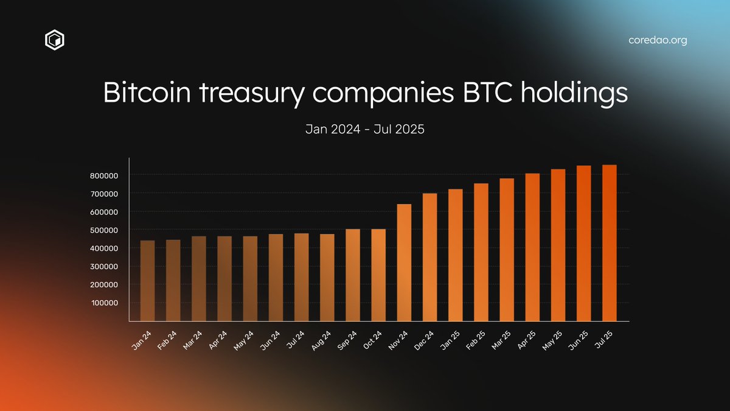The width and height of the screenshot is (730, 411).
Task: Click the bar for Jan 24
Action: pyautogui.click(x=147, y=281)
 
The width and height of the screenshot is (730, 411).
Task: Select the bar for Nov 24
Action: pyautogui.click(x=404, y=262)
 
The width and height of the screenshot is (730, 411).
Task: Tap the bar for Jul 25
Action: pyautogui.click(x=610, y=243)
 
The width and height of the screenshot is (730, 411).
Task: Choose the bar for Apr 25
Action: pyautogui.click(x=532, y=247)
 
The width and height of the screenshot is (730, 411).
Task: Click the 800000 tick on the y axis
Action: pyautogui.click(x=109, y=175)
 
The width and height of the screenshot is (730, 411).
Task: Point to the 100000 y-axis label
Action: pyautogui.click(x=109, y=303)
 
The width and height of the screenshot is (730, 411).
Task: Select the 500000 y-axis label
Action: pyautogui.click(x=109, y=230)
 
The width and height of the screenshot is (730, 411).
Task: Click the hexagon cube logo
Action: pyautogui.click(x=55, y=41)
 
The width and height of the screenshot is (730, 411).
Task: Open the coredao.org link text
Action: pyautogui.click(x=658, y=41)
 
